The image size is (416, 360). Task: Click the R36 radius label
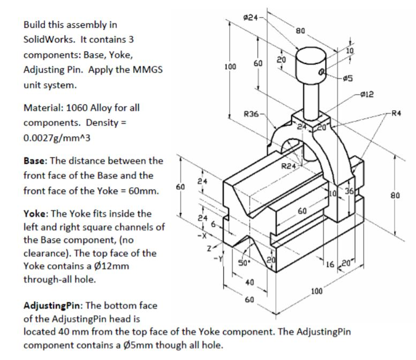point(251,114)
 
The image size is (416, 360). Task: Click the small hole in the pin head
point(323,70)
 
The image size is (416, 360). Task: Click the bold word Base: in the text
point(35,160)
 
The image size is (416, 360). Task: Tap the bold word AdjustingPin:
point(52,306)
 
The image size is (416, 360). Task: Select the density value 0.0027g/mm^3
point(54,137)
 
